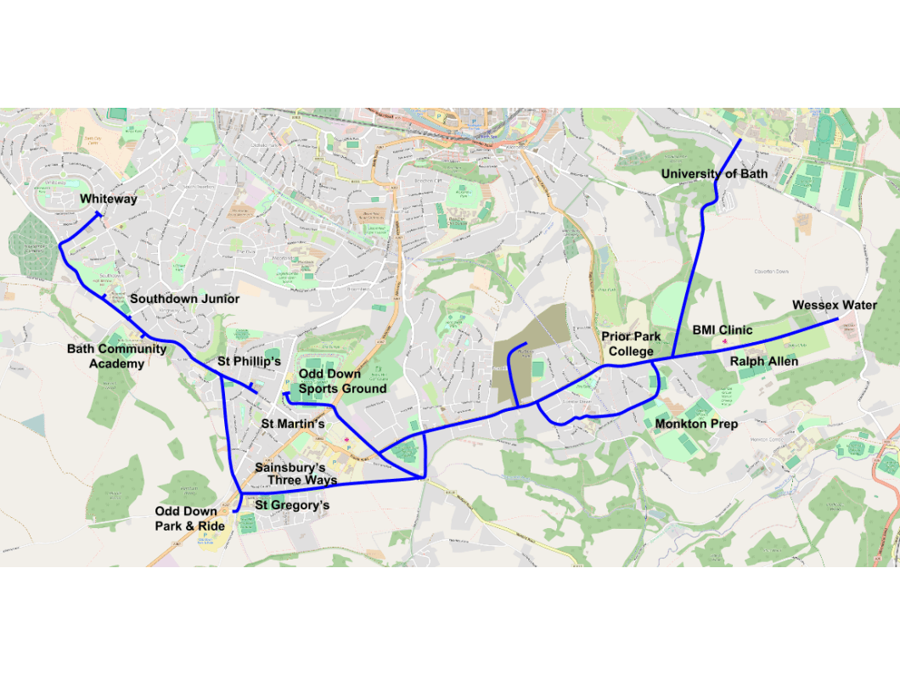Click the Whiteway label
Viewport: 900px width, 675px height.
(109, 199)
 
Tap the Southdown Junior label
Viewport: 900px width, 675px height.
(184, 299)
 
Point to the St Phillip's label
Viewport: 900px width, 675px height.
(249, 361)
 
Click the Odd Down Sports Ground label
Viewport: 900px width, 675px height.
(342, 381)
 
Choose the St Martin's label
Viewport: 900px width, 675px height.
(293, 423)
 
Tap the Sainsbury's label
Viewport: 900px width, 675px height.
(290, 468)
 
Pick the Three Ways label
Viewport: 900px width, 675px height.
(302, 480)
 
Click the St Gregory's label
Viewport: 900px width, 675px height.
(292, 505)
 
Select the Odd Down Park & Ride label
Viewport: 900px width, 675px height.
(189, 519)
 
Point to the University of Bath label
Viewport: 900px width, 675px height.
(714, 174)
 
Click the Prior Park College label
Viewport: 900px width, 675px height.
(631, 344)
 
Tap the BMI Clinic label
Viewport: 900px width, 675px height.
(722, 330)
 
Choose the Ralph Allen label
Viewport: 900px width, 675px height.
(764, 361)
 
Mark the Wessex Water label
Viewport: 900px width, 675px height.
(834, 305)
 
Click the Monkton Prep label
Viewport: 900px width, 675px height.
(696, 423)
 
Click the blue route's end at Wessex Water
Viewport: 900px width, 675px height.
(838, 318)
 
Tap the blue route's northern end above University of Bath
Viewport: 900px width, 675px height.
(740, 139)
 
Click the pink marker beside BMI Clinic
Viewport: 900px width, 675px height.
(724, 341)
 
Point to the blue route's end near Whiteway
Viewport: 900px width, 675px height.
(101, 216)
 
